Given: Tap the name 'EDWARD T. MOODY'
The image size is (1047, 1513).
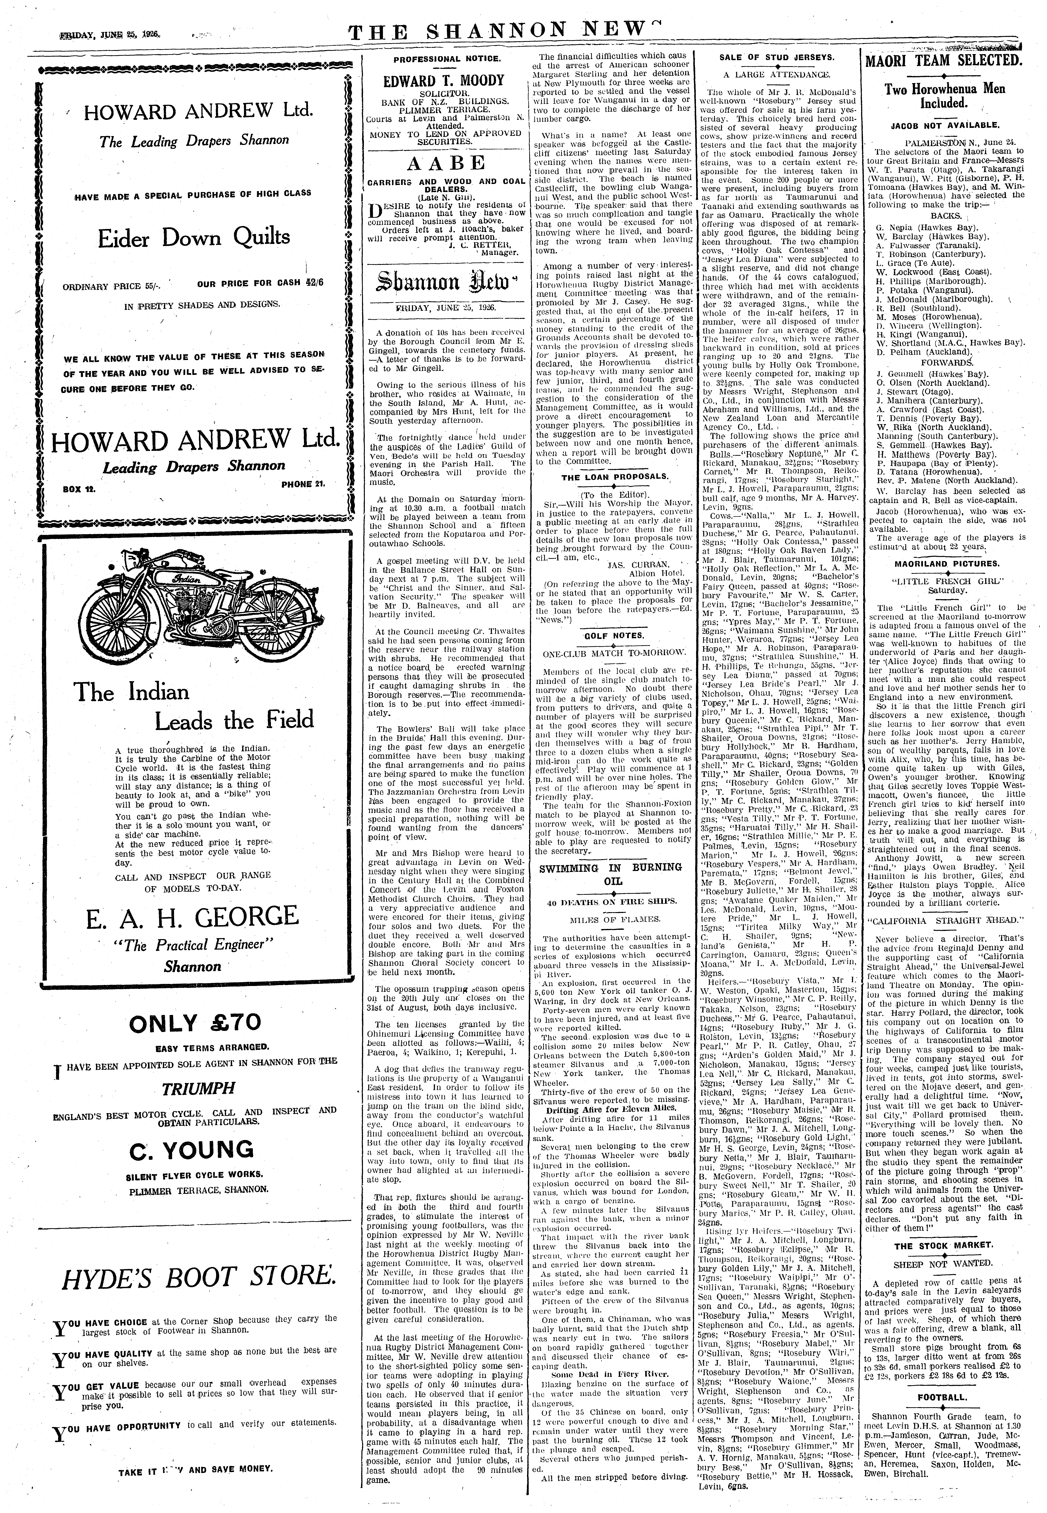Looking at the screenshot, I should pyautogui.click(x=444, y=81).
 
